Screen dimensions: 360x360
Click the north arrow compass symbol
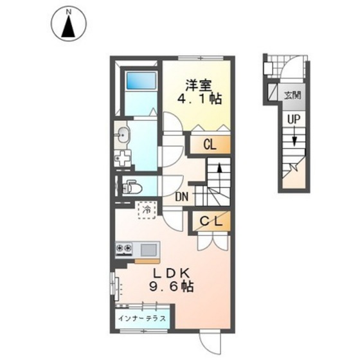pos(69,24)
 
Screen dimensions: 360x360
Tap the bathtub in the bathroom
pos(141,80)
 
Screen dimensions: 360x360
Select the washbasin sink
pos(123,135)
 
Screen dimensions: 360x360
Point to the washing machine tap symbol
pos(123,158)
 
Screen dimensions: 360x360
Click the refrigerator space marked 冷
pos(147,210)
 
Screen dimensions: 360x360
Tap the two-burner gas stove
pos(124,249)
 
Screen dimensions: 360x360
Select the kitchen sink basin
pos(148,250)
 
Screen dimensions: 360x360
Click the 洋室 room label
pos(199,85)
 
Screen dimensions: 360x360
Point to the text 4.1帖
pos(199,99)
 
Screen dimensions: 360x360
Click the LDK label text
pos(172,273)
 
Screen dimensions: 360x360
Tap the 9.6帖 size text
pos(172,287)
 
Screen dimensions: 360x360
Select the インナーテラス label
pos(142,318)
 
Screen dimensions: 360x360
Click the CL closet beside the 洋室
pos(210,145)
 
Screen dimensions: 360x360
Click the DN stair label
pos(182,197)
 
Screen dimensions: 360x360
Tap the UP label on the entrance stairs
pos(294,120)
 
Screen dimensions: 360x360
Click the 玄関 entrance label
pos(292,95)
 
